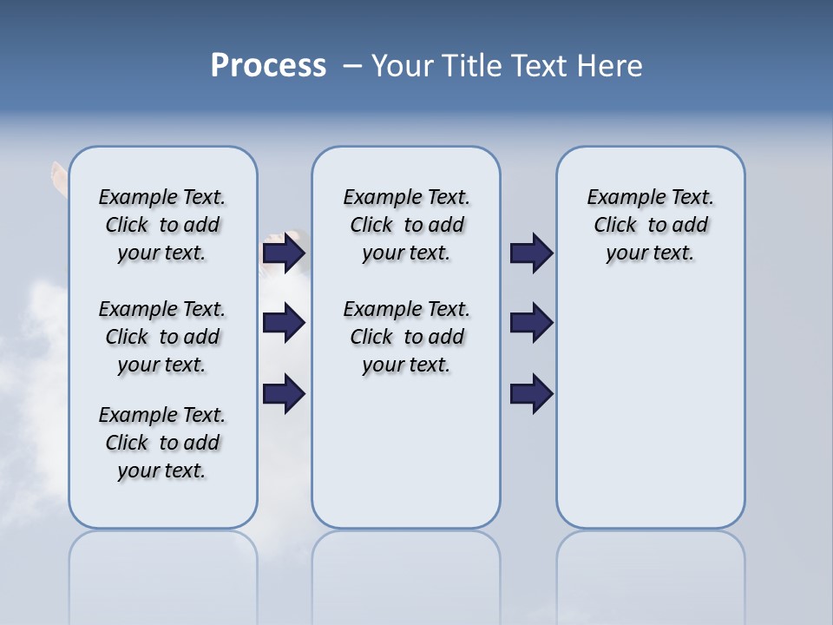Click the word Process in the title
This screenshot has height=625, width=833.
(x=268, y=66)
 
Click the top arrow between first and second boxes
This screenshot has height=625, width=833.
(x=283, y=253)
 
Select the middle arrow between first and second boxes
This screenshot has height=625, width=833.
(x=283, y=323)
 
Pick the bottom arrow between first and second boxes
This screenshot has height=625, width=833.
(x=283, y=393)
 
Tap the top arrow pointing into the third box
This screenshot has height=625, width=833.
(x=531, y=253)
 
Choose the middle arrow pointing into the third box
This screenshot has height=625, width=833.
(x=531, y=323)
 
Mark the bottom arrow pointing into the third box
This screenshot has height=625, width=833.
(x=531, y=393)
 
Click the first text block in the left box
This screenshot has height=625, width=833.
(x=162, y=225)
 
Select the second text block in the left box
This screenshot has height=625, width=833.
(x=162, y=337)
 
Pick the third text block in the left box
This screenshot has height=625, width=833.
(x=162, y=443)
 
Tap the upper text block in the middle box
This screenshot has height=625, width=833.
(x=406, y=225)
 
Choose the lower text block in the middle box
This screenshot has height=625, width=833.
(x=406, y=337)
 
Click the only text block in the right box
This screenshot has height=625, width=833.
(x=650, y=225)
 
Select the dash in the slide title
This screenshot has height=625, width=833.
(x=352, y=66)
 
